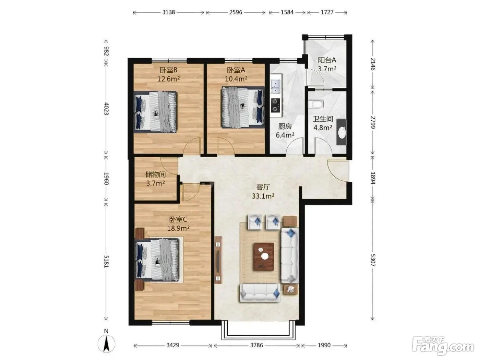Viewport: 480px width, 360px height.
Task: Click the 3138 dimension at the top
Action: (x=169, y=12)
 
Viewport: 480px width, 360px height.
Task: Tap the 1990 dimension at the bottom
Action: (x=324, y=345)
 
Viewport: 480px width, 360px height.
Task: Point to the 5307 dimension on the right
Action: (x=373, y=260)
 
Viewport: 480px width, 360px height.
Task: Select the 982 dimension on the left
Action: (x=106, y=51)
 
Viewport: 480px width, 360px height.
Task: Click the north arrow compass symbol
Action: (x=106, y=343)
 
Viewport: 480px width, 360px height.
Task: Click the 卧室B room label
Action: (x=168, y=70)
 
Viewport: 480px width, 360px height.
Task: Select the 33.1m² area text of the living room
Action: (x=263, y=196)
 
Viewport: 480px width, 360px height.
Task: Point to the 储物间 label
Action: (x=155, y=175)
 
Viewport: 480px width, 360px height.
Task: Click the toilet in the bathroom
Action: (x=315, y=104)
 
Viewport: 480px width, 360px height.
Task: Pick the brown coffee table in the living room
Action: (x=264, y=256)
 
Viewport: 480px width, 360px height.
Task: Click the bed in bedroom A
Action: (x=243, y=107)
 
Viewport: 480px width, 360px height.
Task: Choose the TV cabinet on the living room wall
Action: (x=218, y=260)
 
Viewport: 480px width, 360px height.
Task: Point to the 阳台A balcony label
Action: (x=327, y=60)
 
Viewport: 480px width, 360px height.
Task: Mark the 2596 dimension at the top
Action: (x=236, y=12)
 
